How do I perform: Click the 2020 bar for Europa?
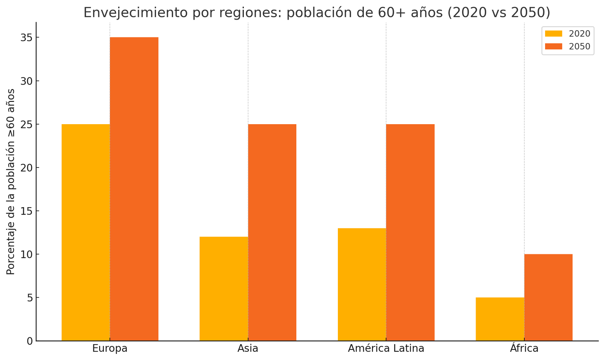pos(86,232)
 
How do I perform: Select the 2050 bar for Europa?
pos(134,189)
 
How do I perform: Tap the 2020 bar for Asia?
pos(224,289)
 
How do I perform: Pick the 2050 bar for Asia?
pos(272,232)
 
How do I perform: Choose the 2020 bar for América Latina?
pos(362,285)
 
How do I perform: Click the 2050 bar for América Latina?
pos(410,232)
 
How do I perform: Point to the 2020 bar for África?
pos(500,319)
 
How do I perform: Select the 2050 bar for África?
pos(548,297)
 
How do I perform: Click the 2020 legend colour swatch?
pos(553,34)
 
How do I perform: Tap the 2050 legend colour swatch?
pos(553,46)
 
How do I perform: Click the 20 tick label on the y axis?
pos(27,168)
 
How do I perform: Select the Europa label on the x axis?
pos(110,348)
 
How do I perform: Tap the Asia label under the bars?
pos(248,348)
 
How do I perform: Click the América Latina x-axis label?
pos(386,348)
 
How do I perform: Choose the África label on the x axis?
pos(524,348)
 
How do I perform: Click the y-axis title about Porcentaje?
pos(11,182)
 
